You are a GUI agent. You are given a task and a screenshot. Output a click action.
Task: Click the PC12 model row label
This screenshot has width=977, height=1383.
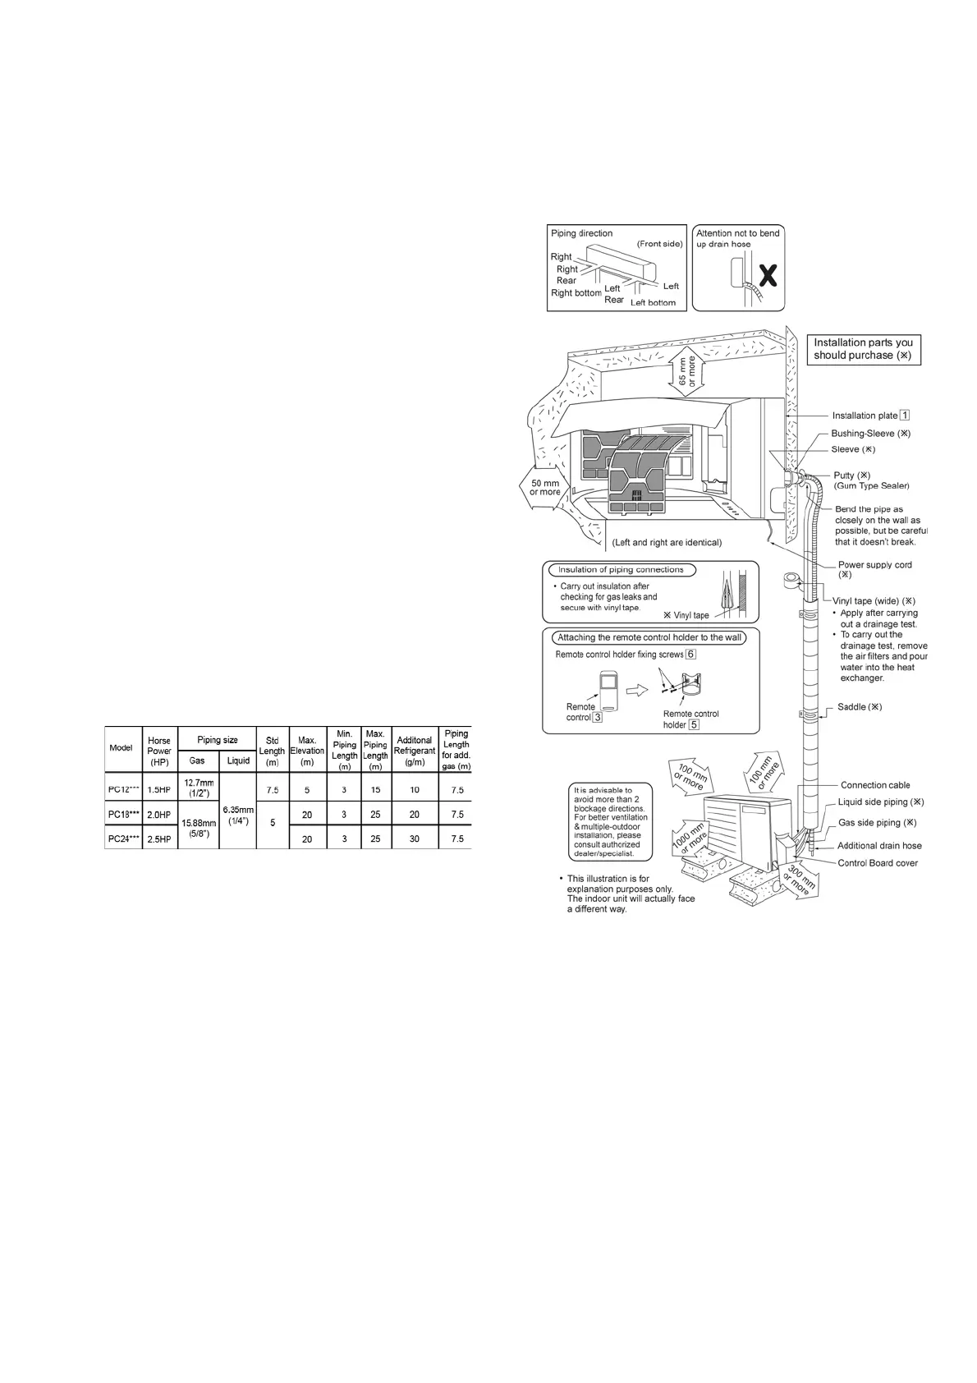click(123, 790)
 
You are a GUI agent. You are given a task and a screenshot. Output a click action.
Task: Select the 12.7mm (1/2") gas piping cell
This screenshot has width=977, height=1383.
click(197, 788)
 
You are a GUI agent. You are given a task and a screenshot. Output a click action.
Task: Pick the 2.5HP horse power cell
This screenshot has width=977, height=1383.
click(159, 839)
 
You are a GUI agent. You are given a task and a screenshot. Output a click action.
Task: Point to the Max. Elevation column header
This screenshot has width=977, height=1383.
click(307, 751)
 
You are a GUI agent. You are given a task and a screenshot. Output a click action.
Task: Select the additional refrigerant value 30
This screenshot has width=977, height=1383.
click(415, 839)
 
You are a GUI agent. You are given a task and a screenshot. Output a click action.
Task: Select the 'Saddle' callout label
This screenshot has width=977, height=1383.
click(860, 707)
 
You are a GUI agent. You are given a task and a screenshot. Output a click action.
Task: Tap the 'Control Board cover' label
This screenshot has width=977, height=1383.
click(878, 863)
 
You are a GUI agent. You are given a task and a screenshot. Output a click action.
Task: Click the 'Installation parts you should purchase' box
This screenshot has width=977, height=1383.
click(863, 349)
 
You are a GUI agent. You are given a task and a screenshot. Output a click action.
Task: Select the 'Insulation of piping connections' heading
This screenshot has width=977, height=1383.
click(621, 570)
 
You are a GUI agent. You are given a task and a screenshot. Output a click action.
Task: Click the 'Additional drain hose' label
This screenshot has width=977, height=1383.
click(879, 846)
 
